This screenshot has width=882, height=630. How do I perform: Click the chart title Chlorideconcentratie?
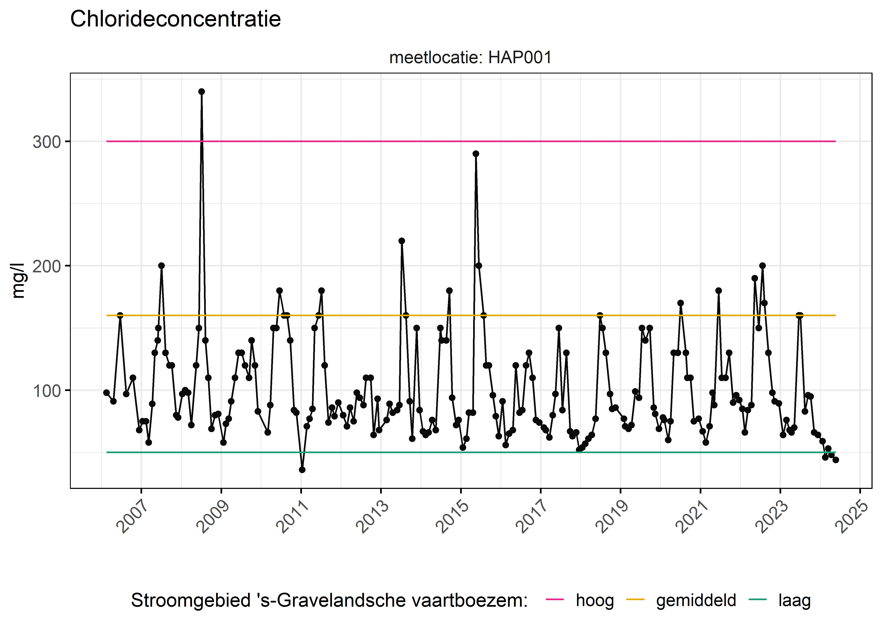175,19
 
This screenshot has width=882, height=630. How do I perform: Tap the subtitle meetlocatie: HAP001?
470,58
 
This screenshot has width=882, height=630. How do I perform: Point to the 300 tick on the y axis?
47,142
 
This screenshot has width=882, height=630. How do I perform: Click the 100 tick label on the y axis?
47,391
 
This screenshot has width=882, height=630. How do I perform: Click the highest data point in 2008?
202,92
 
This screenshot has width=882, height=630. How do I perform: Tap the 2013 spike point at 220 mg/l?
402,241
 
